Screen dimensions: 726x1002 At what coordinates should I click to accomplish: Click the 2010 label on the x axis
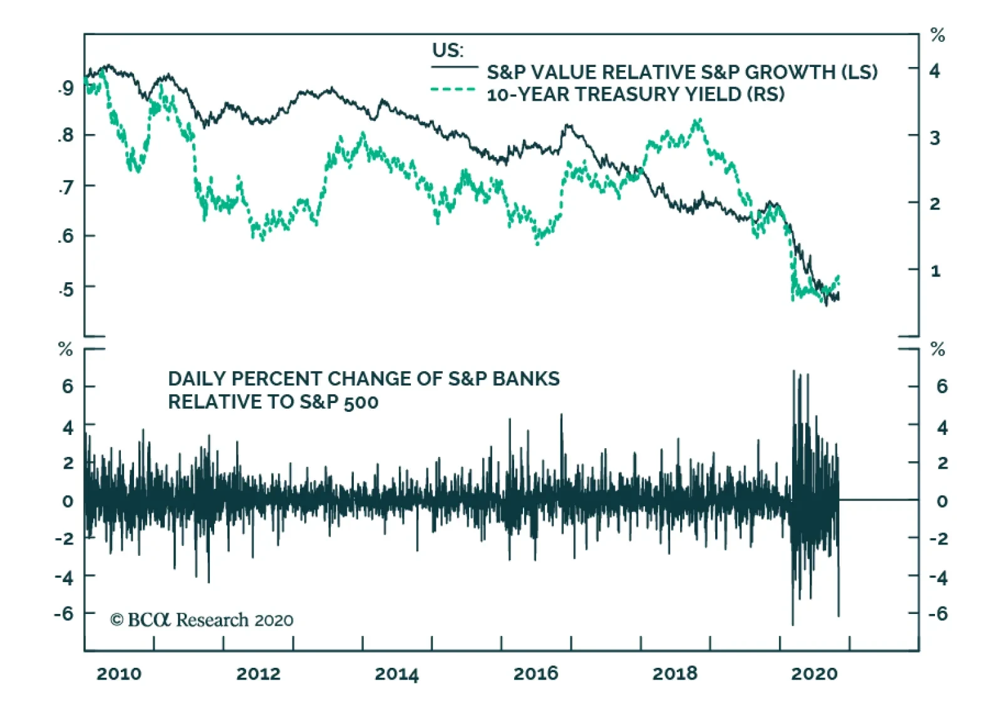click(119, 673)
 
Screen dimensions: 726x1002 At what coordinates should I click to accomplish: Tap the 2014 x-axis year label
click(396, 673)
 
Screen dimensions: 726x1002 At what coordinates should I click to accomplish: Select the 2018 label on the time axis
click(674, 673)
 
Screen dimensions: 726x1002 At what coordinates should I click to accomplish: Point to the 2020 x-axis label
click(813, 673)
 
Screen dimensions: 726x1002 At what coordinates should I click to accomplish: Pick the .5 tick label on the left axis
click(65, 289)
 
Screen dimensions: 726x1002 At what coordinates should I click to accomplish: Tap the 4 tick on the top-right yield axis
click(934, 71)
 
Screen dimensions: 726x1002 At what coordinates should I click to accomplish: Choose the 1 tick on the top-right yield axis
click(935, 271)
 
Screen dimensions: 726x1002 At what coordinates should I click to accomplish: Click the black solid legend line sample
click(454, 67)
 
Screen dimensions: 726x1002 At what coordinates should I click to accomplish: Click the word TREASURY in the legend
click(627, 94)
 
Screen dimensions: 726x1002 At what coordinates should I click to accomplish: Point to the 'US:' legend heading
click(448, 50)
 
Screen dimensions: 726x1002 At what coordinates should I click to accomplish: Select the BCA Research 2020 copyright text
click(202, 620)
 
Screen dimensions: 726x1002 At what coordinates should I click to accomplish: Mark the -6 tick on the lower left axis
click(64, 613)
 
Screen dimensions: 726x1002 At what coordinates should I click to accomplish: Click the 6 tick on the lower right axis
click(941, 386)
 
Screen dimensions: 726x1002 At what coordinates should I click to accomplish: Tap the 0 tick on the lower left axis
click(68, 501)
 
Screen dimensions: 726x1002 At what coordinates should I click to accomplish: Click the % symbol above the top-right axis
click(937, 35)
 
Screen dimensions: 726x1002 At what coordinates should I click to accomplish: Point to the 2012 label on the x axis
click(258, 673)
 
